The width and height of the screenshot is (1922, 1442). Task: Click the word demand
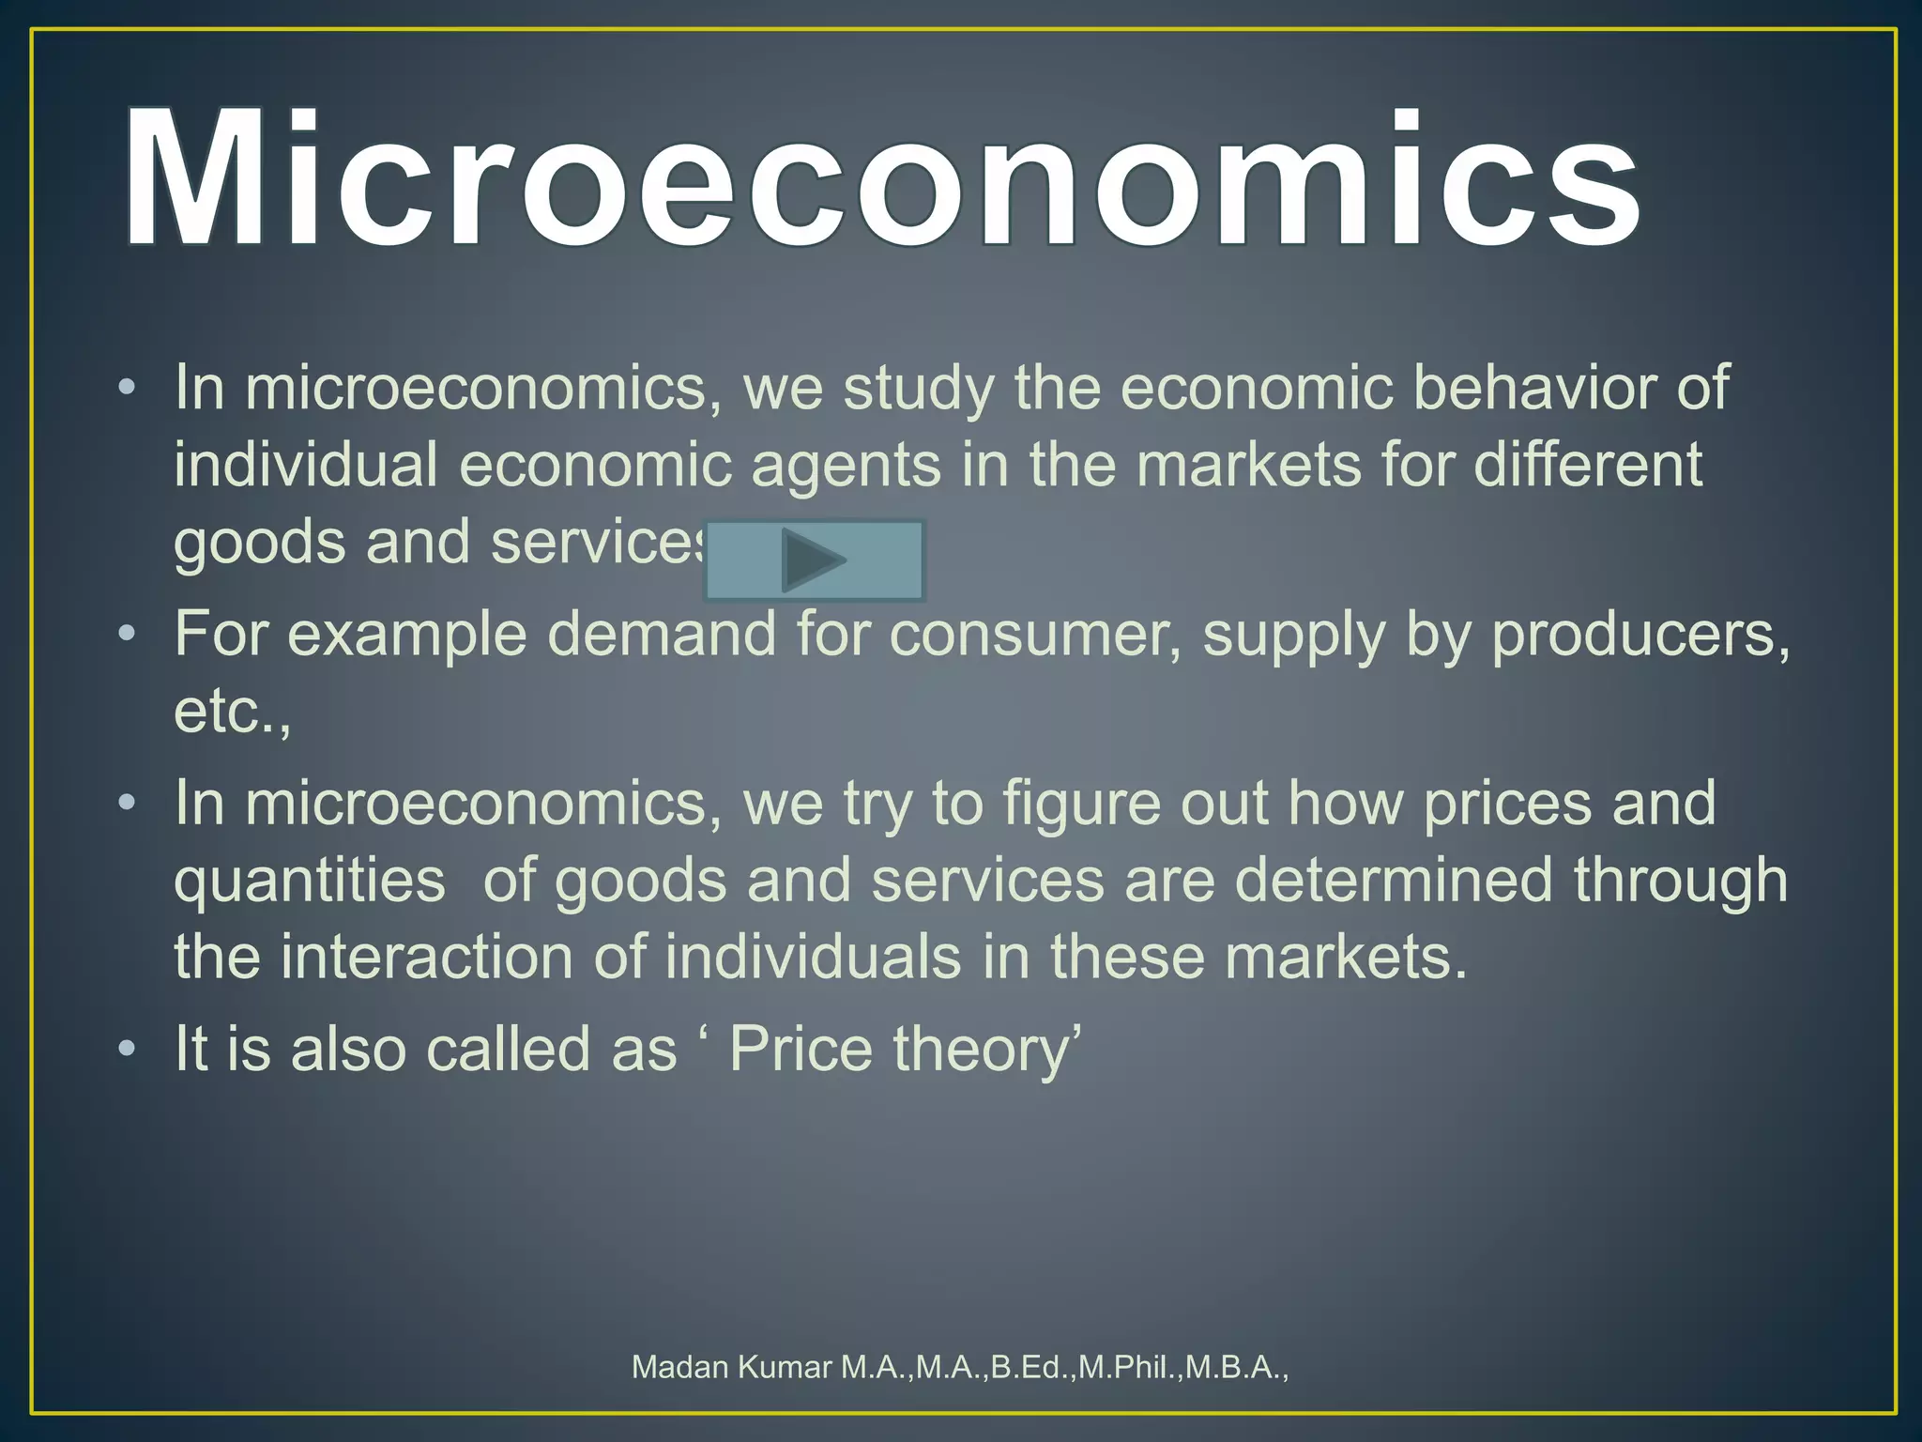click(x=663, y=634)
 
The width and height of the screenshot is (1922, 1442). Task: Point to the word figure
click(x=1082, y=805)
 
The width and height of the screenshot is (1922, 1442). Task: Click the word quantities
click(x=310, y=882)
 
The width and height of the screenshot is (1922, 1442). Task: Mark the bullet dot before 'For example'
click(x=128, y=636)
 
